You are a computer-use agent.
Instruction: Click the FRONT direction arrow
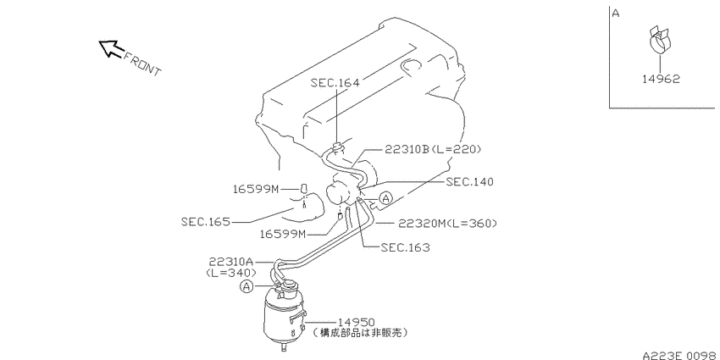coord(111,48)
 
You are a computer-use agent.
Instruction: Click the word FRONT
coord(142,64)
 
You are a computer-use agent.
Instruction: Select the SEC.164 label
coord(335,83)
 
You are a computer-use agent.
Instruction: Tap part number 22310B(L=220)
coord(433,149)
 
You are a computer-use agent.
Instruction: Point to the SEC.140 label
coord(470,182)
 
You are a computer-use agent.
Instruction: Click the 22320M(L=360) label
coord(448,224)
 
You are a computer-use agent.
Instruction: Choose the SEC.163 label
coord(406,248)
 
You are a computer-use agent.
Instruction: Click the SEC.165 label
coord(205,222)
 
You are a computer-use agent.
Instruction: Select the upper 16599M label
coord(256,189)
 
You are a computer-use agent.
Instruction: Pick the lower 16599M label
coord(283,234)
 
